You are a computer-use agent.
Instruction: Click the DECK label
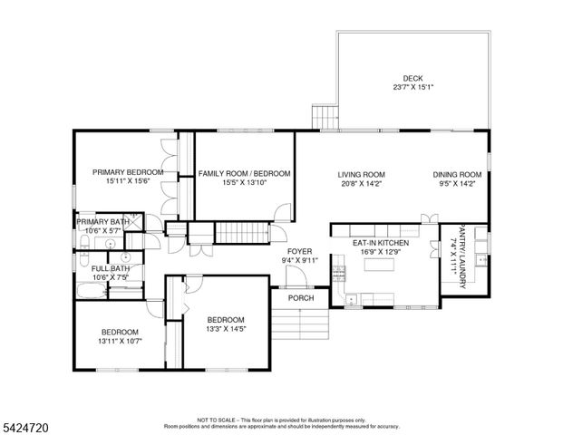click(413, 78)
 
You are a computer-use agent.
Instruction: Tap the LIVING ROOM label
click(362, 174)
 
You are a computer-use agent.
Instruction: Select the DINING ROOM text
click(455, 174)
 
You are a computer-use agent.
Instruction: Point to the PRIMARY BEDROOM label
click(128, 172)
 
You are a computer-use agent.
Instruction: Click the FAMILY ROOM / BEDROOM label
click(244, 173)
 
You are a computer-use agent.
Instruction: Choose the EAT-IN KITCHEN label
click(381, 243)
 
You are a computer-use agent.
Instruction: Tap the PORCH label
click(301, 298)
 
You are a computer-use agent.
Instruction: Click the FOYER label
click(300, 251)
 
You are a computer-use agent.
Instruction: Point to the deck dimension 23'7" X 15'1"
click(413, 88)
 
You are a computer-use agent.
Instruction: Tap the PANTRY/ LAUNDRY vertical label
click(461, 257)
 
